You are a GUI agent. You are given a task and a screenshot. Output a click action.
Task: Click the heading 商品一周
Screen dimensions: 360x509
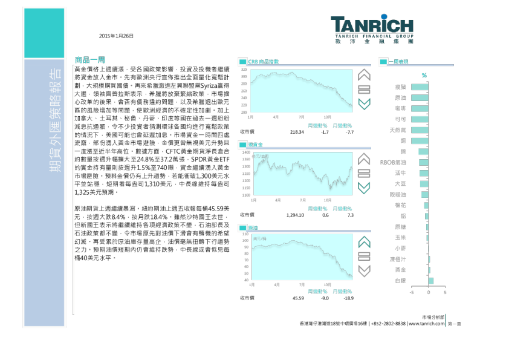[90, 60]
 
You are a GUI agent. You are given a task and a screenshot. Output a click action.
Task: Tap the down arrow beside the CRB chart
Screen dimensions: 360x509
[364, 104]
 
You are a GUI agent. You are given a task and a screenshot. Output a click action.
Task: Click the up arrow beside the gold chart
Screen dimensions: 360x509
[364, 159]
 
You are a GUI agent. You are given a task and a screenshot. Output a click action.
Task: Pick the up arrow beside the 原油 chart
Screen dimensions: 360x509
[364, 242]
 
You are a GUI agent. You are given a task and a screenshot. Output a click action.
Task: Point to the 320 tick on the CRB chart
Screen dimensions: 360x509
[244, 70]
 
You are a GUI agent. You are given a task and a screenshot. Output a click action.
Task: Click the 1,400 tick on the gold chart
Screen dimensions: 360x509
[245, 152]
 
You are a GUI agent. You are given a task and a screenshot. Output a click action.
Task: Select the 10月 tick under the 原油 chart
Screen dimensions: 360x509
[327, 284]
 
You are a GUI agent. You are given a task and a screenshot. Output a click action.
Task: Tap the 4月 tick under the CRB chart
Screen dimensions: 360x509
[276, 117]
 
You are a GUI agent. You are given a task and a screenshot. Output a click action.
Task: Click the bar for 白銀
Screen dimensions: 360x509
[430, 281]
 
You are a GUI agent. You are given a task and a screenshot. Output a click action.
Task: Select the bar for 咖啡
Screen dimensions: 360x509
[420, 109]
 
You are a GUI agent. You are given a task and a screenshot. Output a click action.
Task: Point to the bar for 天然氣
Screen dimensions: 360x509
[420, 130]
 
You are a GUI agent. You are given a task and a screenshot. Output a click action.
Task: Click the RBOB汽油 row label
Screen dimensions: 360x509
[393, 162]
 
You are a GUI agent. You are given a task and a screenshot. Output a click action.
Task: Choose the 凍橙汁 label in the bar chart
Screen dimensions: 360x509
[398, 259]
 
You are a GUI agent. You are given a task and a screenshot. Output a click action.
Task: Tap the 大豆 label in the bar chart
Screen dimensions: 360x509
[400, 184]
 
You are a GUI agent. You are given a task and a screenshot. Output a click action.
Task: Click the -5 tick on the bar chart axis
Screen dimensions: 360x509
[412, 292]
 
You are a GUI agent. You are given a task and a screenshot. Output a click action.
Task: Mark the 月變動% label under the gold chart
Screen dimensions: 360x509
[342, 209]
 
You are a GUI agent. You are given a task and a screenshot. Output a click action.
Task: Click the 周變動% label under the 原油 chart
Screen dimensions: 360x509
[317, 292]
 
